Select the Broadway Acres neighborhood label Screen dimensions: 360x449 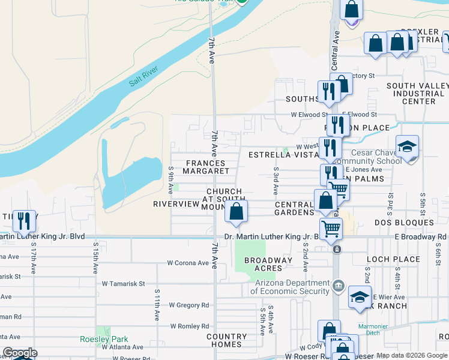pos(268,264)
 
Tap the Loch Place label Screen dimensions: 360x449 pos(393,259)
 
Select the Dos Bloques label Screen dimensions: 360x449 pos(412,223)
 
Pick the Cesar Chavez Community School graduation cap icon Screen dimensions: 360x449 pos(408,147)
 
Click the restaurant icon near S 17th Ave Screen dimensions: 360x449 pos(24,220)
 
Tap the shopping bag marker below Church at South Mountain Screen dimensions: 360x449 pos(237,211)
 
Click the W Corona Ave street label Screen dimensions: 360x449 pos(188,263)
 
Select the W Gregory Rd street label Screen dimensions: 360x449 pos(188,305)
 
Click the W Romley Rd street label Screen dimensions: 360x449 pos(189,326)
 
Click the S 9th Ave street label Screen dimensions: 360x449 pos(171,181)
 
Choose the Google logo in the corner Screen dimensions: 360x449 pos(20,353)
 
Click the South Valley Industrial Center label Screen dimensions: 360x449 pos(415,94)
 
